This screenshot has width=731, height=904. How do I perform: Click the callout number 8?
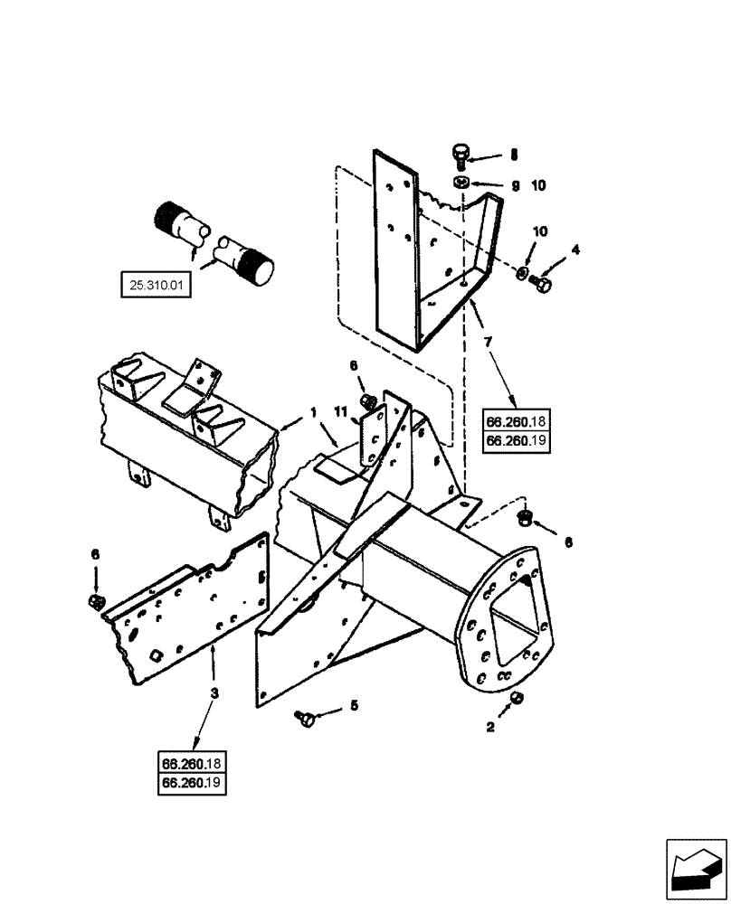tap(514, 155)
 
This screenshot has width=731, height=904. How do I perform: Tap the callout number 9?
tap(514, 186)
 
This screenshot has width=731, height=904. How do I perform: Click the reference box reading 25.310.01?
tap(155, 287)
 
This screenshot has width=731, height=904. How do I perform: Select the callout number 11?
tap(340, 413)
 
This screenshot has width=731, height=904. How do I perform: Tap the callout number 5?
tap(355, 704)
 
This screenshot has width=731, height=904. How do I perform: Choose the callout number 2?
tap(492, 725)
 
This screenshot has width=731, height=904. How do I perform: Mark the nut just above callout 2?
tap(516, 698)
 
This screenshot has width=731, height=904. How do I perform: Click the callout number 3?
tap(214, 693)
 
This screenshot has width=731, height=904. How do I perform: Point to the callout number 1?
tap(313, 412)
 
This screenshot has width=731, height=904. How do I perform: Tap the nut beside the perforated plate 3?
tap(95, 601)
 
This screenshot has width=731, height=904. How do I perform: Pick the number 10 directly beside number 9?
tap(539, 186)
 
